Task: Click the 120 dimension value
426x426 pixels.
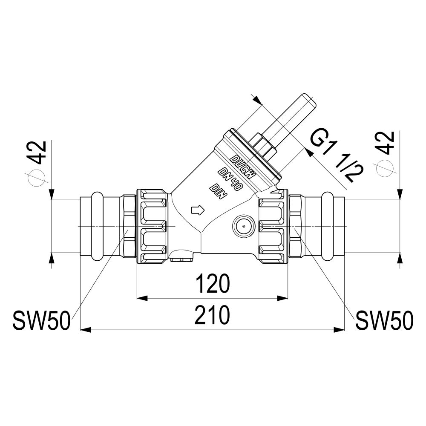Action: pyautogui.click(x=213, y=283)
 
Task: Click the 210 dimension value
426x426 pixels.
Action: pyautogui.click(x=212, y=315)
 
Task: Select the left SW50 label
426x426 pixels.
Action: pyautogui.click(x=42, y=321)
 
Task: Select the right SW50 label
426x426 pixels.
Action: pyautogui.click(x=384, y=321)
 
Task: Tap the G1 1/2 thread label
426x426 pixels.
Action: pyautogui.click(x=337, y=158)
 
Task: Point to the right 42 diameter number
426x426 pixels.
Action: pyautogui.click(x=385, y=143)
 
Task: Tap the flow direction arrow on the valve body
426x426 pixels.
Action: pyautogui.click(x=198, y=210)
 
